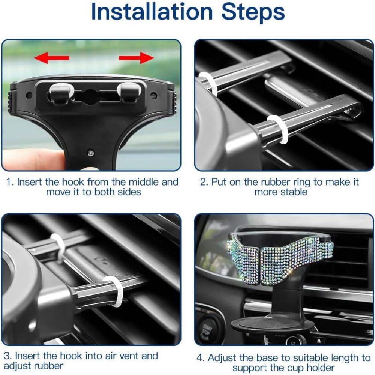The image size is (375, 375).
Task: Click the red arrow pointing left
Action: point(51,58)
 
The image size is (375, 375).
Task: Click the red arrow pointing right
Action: point(136,58)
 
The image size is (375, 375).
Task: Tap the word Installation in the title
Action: point(152,12)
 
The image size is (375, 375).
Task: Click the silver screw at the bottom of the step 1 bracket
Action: point(91,153)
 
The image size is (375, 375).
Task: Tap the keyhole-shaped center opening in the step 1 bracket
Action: point(90,96)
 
